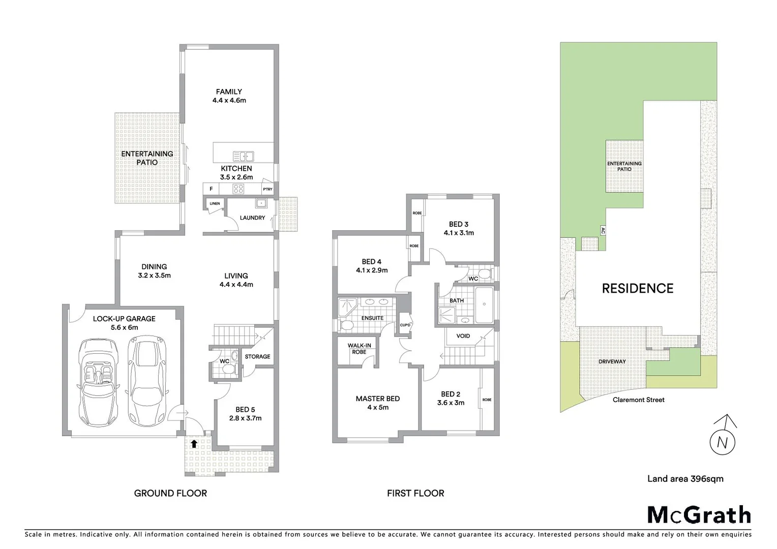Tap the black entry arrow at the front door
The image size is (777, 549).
click(194, 443)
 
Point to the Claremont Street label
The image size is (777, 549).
click(638, 400)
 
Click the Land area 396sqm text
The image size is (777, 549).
click(685, 478)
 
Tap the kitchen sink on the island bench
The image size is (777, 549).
click(243, 157)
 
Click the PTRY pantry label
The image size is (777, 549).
click(267, 189)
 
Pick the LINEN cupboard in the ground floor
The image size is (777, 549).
click(215, 204)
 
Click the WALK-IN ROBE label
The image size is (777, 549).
click(359, 349)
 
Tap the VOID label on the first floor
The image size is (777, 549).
click(463, 336)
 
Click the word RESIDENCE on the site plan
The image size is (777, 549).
click(637, 289)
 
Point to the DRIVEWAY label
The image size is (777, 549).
click(612, 361)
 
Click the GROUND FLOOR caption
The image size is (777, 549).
click(170, 493)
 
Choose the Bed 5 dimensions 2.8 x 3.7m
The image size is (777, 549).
click(245, 418)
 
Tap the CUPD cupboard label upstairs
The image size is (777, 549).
click(405, 325)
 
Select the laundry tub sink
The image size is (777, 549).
click(261, 204)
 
